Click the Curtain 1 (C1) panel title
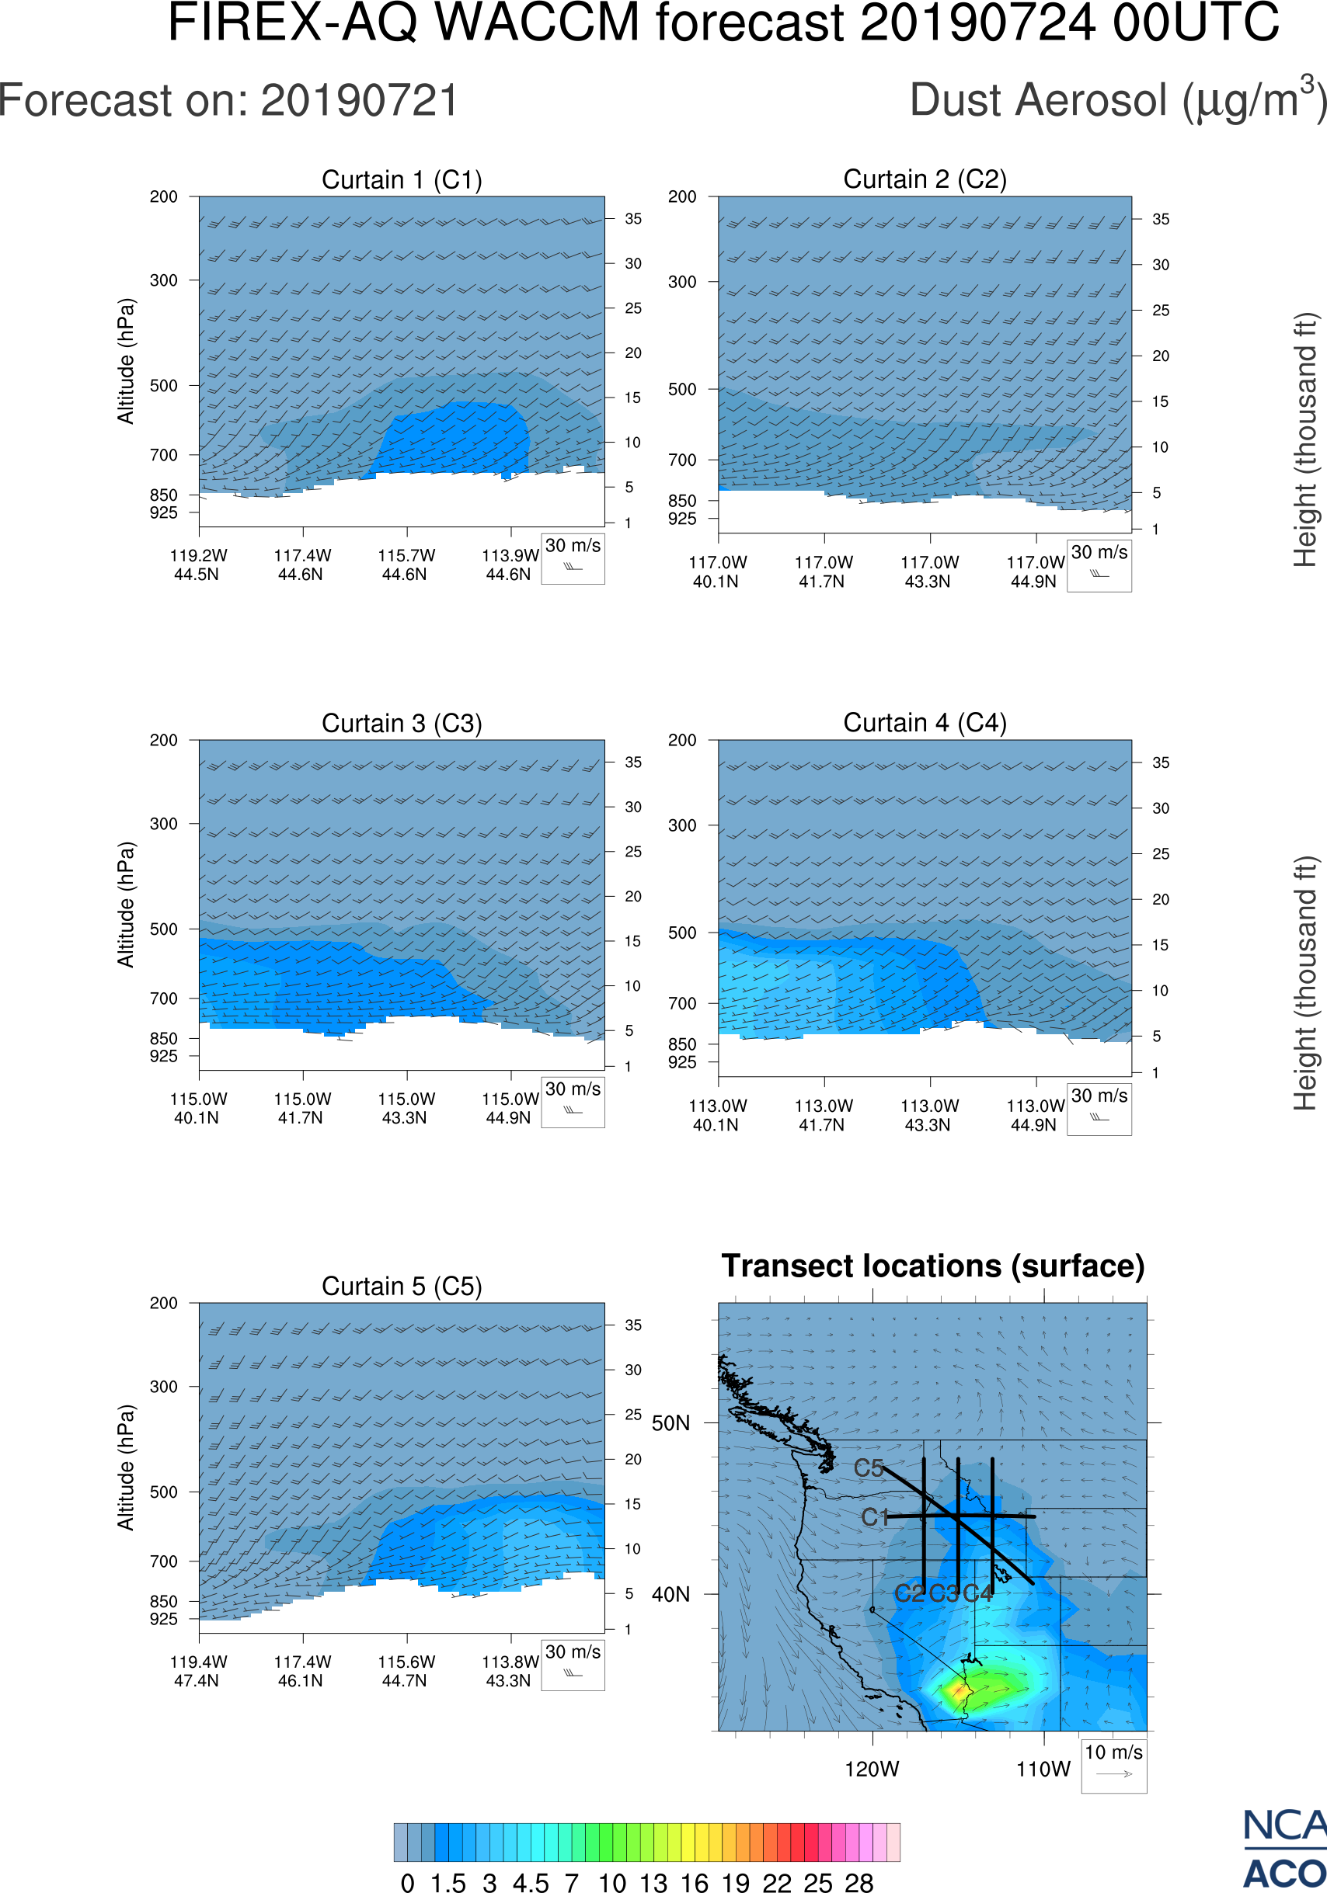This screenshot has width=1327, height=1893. point(402,179)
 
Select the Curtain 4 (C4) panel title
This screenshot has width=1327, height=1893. point(925,723)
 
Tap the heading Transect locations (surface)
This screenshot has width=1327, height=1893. point(933,1266)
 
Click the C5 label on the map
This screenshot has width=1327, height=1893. point(869,1468)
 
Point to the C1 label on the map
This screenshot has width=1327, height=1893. point(874,1517)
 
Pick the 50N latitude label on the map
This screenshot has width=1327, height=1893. point(670,1424)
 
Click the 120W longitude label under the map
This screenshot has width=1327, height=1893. point(872,1770)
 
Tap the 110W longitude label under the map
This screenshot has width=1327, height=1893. point(1043,1770)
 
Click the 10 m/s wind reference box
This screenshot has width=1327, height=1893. point(1113,1764)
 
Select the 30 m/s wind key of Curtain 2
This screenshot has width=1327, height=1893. point(1099,564)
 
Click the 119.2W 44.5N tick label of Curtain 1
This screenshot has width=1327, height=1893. point(198,564)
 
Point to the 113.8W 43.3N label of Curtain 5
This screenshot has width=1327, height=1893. point(510,1671)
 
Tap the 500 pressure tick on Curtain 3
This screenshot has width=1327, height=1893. point(163,929)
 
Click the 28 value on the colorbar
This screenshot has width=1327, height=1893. point(859,1882)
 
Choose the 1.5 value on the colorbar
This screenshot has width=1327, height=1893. point(448,1882)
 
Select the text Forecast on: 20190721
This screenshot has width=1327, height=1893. point(228,101)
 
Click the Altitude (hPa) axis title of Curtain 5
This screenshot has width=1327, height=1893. point(125,1468)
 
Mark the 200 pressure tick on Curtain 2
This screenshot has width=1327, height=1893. point(682,197)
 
